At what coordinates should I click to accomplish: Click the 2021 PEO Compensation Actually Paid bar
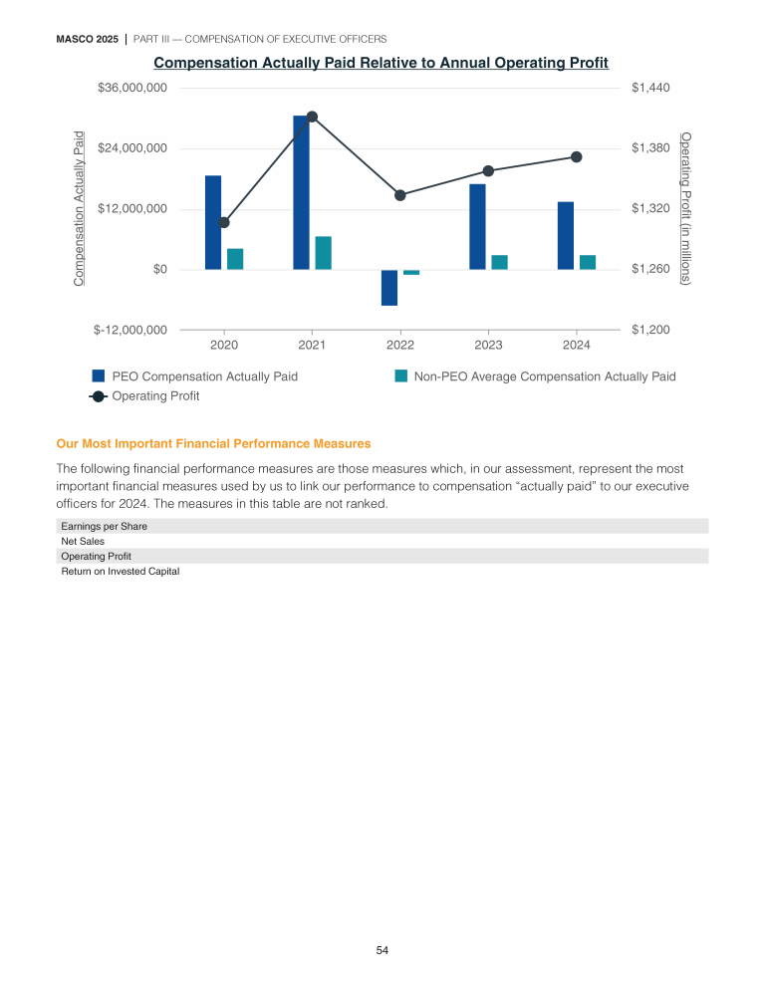(x=301, y=192)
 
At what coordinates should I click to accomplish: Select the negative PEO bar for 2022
(x=389, y=287)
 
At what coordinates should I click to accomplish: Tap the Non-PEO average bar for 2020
(x=235, y=259)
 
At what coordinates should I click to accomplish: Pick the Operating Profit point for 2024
(x=577, y=156)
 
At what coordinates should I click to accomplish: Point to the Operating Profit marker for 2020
(x=224, y=222)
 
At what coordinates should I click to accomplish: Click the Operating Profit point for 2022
(x=400, y=195)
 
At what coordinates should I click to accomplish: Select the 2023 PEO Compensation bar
(x=477, y=226)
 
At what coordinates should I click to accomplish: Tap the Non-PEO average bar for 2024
(x=588, y=262)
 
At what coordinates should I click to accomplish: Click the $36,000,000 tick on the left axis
(x=132, y=89)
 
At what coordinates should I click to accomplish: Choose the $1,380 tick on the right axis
(x=651, y=148)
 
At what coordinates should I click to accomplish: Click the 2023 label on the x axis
(x=488, y=345)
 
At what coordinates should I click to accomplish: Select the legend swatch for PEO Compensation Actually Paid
(x=99, y=376)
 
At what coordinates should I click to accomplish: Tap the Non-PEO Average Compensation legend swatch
(x=401, y=376)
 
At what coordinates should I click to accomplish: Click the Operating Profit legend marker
(x=99, y=396)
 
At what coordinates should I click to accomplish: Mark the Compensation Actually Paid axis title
(x=79, y=209)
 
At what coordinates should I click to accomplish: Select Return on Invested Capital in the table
(x=121, y=572)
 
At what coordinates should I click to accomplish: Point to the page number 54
(x=382, y=950)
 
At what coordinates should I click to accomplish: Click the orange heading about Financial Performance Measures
(x=214, y=443)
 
